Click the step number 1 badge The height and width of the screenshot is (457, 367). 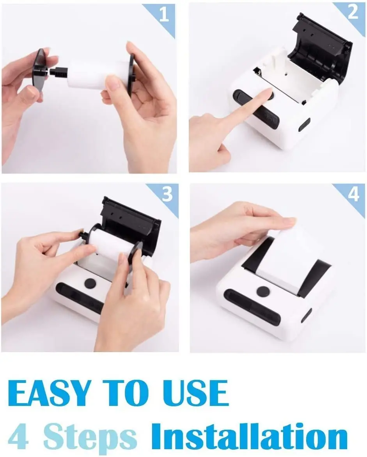(x=164, y=14)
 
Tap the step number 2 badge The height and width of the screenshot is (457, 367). (x=353, y=12)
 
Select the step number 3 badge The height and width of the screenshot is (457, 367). (x=167, y=194)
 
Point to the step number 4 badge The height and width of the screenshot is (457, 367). (x=354, y=193)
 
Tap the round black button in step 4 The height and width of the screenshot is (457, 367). (x=263, y=291)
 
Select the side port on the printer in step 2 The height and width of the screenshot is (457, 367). (x=304, y=125)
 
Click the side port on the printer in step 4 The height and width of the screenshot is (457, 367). (x=307, y=316)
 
